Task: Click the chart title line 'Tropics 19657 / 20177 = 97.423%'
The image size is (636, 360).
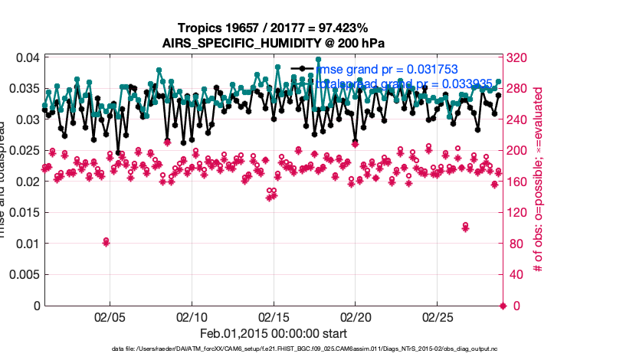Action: tap(273, 28)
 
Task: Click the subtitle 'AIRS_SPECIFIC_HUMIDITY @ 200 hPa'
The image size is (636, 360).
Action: tap(273, 43)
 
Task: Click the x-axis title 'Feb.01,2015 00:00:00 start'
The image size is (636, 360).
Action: tap(273, 334)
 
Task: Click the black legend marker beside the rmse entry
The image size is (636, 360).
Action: tap(303, 69)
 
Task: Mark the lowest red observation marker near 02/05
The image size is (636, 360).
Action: tap(106, 242)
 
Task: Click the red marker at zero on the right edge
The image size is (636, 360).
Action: tap(503, 306)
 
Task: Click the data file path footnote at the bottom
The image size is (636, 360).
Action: tap(273, 350)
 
